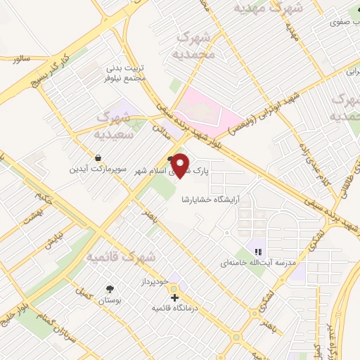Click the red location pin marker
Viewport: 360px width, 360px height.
(181, 165)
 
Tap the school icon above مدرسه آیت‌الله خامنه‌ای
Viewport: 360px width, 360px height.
(258, 251)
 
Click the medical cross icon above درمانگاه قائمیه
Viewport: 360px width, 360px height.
(175, 297)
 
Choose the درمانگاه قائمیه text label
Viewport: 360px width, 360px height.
(176, 308)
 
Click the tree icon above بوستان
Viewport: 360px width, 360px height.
(110, 289)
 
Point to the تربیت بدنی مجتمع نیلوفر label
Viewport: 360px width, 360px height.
(126, 72)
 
